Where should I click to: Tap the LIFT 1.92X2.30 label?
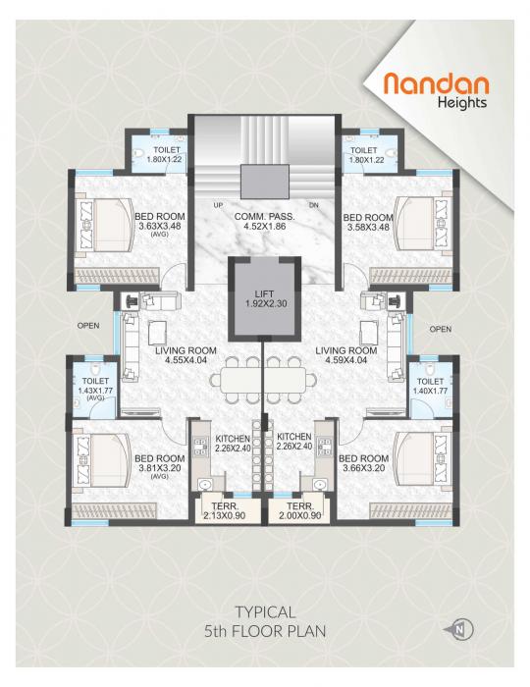[x=263, y=298]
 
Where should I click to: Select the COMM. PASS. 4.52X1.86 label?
[x=264, y=223]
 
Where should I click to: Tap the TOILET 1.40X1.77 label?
[x=430, y=386]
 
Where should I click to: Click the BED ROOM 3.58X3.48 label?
[x=367, y=223]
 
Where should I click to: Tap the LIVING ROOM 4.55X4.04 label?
[x=184, y=355]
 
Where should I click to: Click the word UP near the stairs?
[x=218, y=204]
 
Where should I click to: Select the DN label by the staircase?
[x=314, y=204]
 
